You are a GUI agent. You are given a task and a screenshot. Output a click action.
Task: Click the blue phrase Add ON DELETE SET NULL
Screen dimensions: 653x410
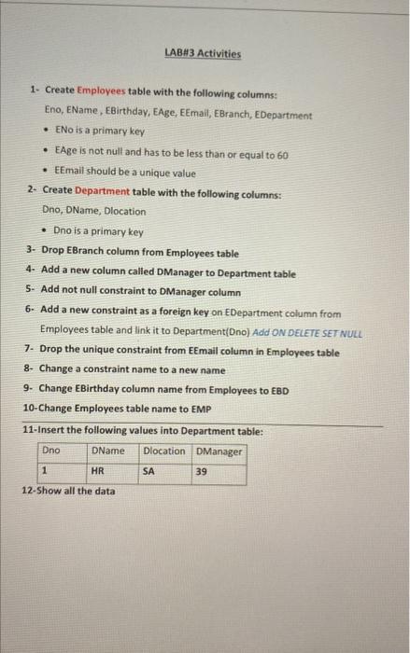(307, 333)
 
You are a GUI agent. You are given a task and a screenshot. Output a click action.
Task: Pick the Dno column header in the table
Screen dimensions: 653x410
(52, 452)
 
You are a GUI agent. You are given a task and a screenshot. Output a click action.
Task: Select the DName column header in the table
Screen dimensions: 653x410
(108, 452)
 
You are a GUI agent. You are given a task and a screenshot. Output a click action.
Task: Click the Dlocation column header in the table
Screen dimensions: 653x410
(164, 452)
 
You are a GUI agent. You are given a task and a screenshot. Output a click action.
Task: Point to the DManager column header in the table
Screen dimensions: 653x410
(219, 452)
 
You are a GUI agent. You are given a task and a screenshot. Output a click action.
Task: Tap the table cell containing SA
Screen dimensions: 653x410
(148, 472)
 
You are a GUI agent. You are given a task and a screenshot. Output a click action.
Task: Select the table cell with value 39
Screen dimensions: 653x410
(202, 472)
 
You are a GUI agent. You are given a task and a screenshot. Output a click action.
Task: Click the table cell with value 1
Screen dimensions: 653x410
(45, 472)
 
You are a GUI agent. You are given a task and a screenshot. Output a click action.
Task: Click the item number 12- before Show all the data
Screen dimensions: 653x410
(28, 491)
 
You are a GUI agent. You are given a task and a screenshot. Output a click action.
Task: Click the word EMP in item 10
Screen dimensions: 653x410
(202, 409)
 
